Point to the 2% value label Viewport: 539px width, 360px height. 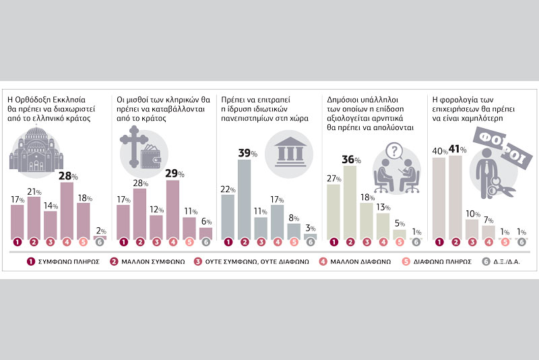pyautogui.click(x=100, y=230)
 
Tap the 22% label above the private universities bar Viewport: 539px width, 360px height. pyautogui.click(x=227, y=189)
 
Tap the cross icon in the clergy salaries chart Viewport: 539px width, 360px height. pyautogui.click(x=132, y=146)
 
